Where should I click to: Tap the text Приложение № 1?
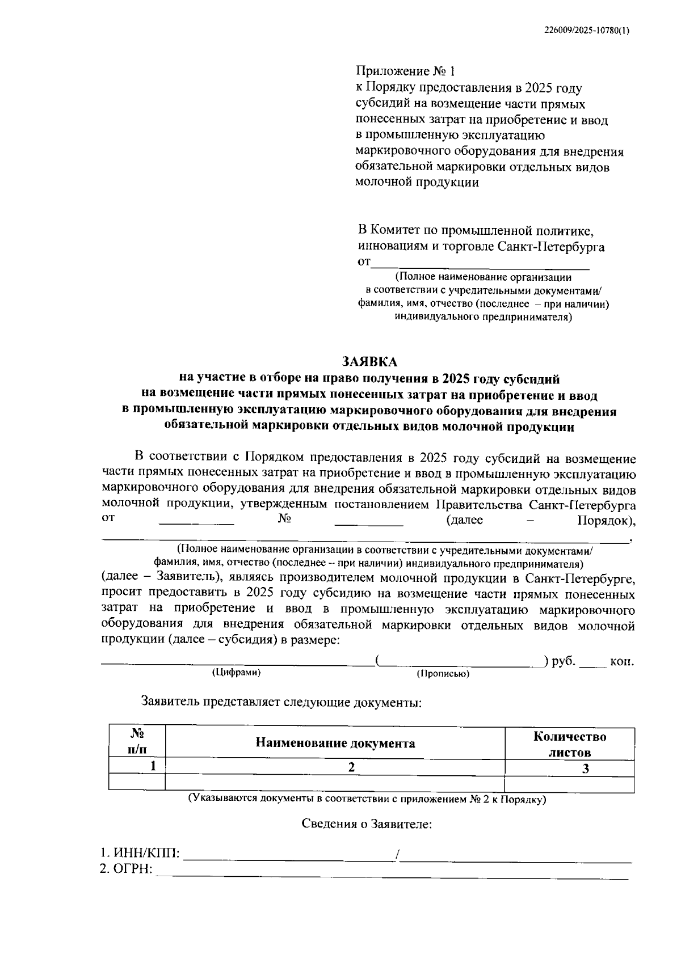pyautogui.click(x=405, y=71)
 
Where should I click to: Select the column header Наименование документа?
pyautogui.click(x=335, y=743)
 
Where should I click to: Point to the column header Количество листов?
pyautogui.click(x=569, y=744)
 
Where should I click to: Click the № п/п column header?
pyautogui.click(x=137, y=741)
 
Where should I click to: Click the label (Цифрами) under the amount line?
pyautogui.click(x=236, y=673)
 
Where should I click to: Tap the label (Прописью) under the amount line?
pyautogui.click(x=443, y=674)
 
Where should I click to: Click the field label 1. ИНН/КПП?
pyautogui.click(x=140, y=853)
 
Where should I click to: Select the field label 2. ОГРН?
pyautogui.click(x=127, y=869)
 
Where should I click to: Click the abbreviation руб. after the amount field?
pyautogui.click(x=564, y=661)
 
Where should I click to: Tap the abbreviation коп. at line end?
pyautogui.click(x=622, y=662)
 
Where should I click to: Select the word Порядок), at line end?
pyautogui.click(x=606, y=521)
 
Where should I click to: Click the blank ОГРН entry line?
pyautogui.click(x=392, y=876)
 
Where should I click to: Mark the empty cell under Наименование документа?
pyautogui.click(x=335, y=784)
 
